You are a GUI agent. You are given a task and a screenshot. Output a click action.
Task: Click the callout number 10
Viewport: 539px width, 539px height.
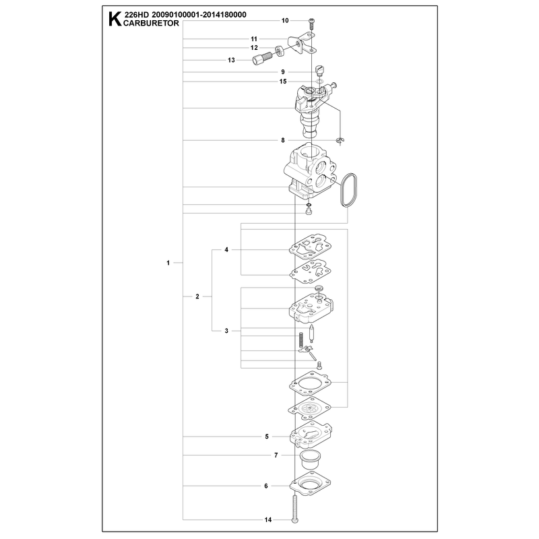tap(285, 21)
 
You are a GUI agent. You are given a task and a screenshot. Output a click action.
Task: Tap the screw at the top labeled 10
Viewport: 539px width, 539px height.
tap(312, 23)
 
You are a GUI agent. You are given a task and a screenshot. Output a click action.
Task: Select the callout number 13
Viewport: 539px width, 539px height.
tap(231, 60)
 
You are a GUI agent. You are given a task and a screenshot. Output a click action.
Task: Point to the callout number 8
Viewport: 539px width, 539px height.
tap(283, 140)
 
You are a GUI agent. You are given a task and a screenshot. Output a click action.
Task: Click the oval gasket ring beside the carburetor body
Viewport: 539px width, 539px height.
tap(348, 190)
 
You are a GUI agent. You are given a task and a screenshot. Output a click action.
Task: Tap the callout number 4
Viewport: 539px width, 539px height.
tap(226, 249)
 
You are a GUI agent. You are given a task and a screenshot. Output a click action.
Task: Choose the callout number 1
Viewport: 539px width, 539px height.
tap(168, 263)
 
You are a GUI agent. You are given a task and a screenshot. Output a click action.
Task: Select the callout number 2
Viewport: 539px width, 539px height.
tap(197, 296)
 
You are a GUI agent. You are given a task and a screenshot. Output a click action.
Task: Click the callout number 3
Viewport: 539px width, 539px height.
tap(226, 331)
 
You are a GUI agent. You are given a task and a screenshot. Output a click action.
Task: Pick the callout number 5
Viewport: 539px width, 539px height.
tap(267, 437)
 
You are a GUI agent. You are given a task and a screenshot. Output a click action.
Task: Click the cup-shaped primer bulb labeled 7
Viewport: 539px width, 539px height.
tap(310, 459)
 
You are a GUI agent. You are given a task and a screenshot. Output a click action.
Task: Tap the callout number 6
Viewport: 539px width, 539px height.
tap(266, 486)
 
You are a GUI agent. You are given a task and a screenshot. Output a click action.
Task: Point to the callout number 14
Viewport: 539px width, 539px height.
tap(268, 519)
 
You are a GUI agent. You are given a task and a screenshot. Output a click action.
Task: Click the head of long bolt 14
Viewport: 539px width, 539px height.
tap(295, 520)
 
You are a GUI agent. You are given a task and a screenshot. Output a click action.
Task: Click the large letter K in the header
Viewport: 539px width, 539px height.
tap(115, 20)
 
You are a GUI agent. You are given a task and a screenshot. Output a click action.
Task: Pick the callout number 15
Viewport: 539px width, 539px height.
tap(283, 82)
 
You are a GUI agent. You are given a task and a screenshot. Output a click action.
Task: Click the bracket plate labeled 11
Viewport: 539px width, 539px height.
tap(301, 44)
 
